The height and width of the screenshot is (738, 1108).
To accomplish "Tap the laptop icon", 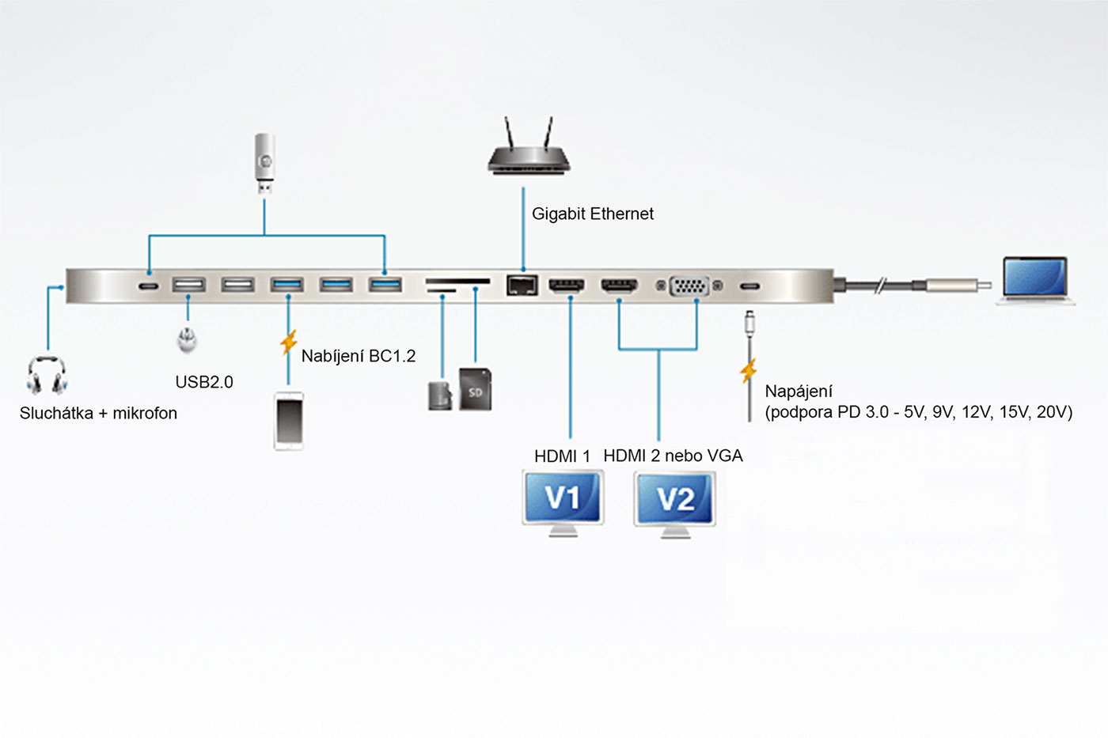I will point(1035,281).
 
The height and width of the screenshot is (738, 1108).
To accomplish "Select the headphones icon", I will point(47,375).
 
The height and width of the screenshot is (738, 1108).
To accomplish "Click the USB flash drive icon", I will point(265,163).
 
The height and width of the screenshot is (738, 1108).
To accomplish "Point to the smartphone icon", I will point(289,421).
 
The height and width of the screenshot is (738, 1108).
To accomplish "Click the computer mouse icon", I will point(188,339).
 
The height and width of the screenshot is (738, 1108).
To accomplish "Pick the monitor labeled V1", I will point(563,501).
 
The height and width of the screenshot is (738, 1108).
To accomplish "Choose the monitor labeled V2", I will point(675,501).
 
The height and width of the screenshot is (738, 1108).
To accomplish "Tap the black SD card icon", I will point(476,389).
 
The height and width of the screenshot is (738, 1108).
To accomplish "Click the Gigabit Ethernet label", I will point(593,214).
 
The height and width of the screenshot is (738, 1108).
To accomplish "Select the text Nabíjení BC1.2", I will point(359,356).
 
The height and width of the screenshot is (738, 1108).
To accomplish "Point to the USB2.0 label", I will point(204,382).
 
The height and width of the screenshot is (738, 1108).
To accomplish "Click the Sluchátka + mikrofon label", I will point(98,413).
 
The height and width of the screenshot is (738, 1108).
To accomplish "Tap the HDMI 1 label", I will point(562,456).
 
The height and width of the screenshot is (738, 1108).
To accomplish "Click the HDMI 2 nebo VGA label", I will point(673,456).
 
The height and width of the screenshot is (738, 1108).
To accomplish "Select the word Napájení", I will point(799,392).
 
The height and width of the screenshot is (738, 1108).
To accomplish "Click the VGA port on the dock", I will point(689,286).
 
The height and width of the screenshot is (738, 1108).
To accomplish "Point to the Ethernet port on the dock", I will point(522,285).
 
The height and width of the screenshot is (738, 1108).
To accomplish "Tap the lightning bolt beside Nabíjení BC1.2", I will point(289,343).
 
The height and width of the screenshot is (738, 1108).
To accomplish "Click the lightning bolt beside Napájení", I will point(749,370).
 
